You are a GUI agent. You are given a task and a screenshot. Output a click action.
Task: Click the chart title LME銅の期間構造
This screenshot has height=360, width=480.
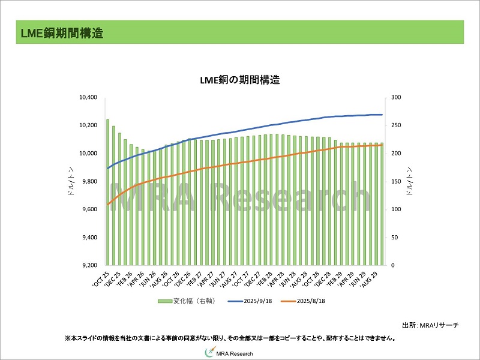240,80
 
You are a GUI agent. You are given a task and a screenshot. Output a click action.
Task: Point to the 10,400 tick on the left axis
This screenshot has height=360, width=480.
88,97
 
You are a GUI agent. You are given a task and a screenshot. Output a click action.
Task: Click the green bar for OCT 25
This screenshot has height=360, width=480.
107,192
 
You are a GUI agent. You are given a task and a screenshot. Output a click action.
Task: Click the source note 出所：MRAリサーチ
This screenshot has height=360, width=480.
430,325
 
